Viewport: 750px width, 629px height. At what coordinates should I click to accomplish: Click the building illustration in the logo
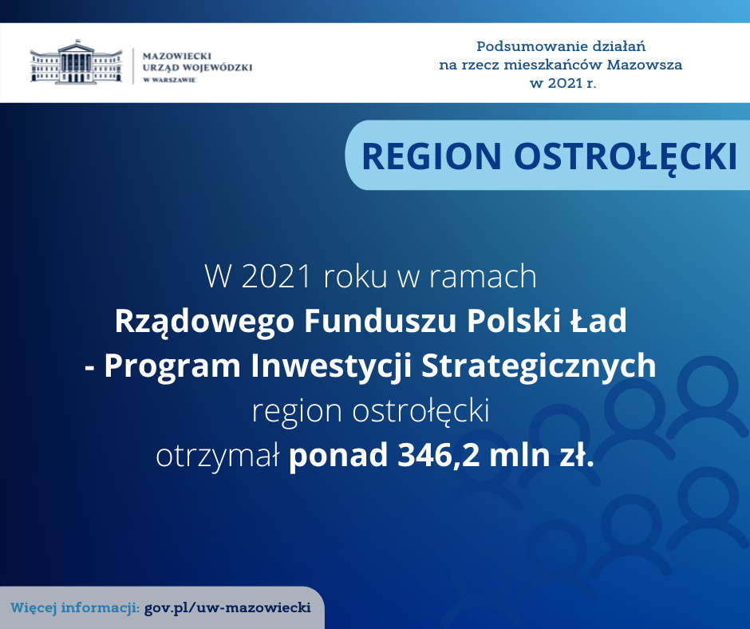point(76,62)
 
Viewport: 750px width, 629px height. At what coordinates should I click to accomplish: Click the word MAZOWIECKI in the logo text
point(177,56)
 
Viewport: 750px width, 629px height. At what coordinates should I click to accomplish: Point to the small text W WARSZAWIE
point(169,80)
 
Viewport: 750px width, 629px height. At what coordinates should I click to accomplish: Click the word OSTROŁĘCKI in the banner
point(626,156)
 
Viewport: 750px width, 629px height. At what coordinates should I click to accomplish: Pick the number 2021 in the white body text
point(277,276)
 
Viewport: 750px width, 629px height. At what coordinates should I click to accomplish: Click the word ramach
point(483,276)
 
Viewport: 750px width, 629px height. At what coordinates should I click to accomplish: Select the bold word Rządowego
point(204,322)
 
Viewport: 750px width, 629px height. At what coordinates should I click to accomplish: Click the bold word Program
point(172,366)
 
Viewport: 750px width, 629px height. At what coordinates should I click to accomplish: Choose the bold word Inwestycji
point(331,366)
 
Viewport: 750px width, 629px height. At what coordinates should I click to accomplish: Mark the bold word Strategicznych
point(539,366)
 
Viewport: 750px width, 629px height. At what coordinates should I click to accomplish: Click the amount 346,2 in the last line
point(438,455)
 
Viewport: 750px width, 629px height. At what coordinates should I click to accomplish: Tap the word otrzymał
point(218,457)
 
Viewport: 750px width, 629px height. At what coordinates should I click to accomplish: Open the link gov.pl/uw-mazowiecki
point(227,608)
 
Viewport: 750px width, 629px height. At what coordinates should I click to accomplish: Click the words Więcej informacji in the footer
point(75,608)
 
